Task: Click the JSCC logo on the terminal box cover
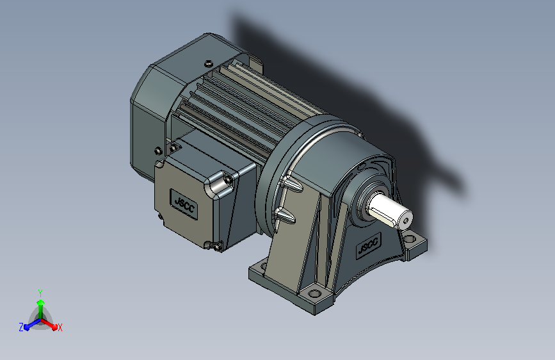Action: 184,204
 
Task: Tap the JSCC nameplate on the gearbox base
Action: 369,245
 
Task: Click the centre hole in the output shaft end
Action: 406,222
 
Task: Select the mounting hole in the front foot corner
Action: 314,293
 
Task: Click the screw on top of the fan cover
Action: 209,63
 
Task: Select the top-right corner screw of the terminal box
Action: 228,179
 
